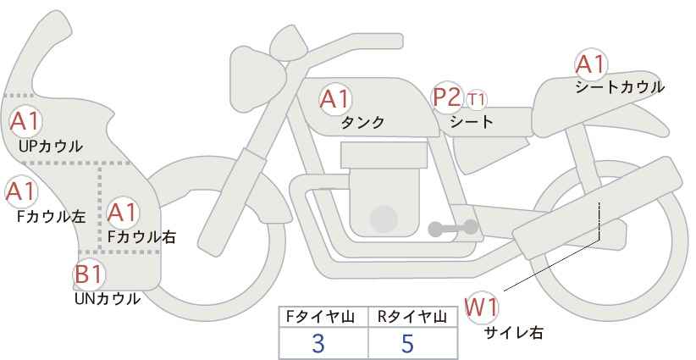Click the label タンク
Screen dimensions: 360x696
pos(362,122)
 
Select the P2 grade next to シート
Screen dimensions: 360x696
pos(446,97)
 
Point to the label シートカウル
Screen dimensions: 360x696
pos(620,86)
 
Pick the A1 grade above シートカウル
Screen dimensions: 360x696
pos(590,64)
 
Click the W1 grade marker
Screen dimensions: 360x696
pos(482,307)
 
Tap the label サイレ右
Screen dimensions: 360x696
pos(514,333)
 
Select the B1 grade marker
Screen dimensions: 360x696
pos(87,274)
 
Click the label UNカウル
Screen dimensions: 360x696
pos(108,298)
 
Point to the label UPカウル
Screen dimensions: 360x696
pos(51,146)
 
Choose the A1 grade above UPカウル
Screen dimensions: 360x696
pos(25,121)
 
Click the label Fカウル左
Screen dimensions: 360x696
pos(52,216)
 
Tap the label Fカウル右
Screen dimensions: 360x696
pos(142,237)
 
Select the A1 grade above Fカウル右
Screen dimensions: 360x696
pos(123,211)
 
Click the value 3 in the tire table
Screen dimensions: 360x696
pos(318,344)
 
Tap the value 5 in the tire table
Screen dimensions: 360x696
pos(407,344)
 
